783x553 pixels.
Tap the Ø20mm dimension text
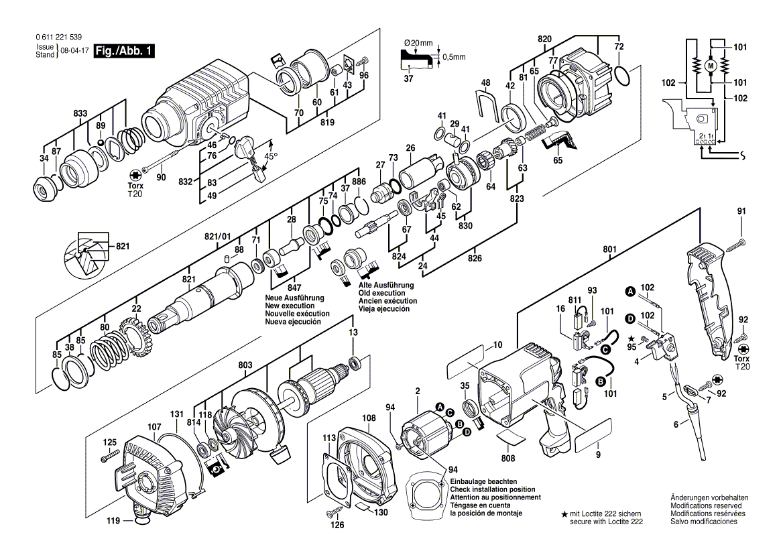point(419,44)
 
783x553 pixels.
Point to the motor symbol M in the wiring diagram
point(711,64)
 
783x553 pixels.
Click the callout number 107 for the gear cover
point(154,426)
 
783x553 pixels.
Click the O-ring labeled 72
point(621,75)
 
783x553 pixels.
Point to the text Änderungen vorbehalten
point(709,497)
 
